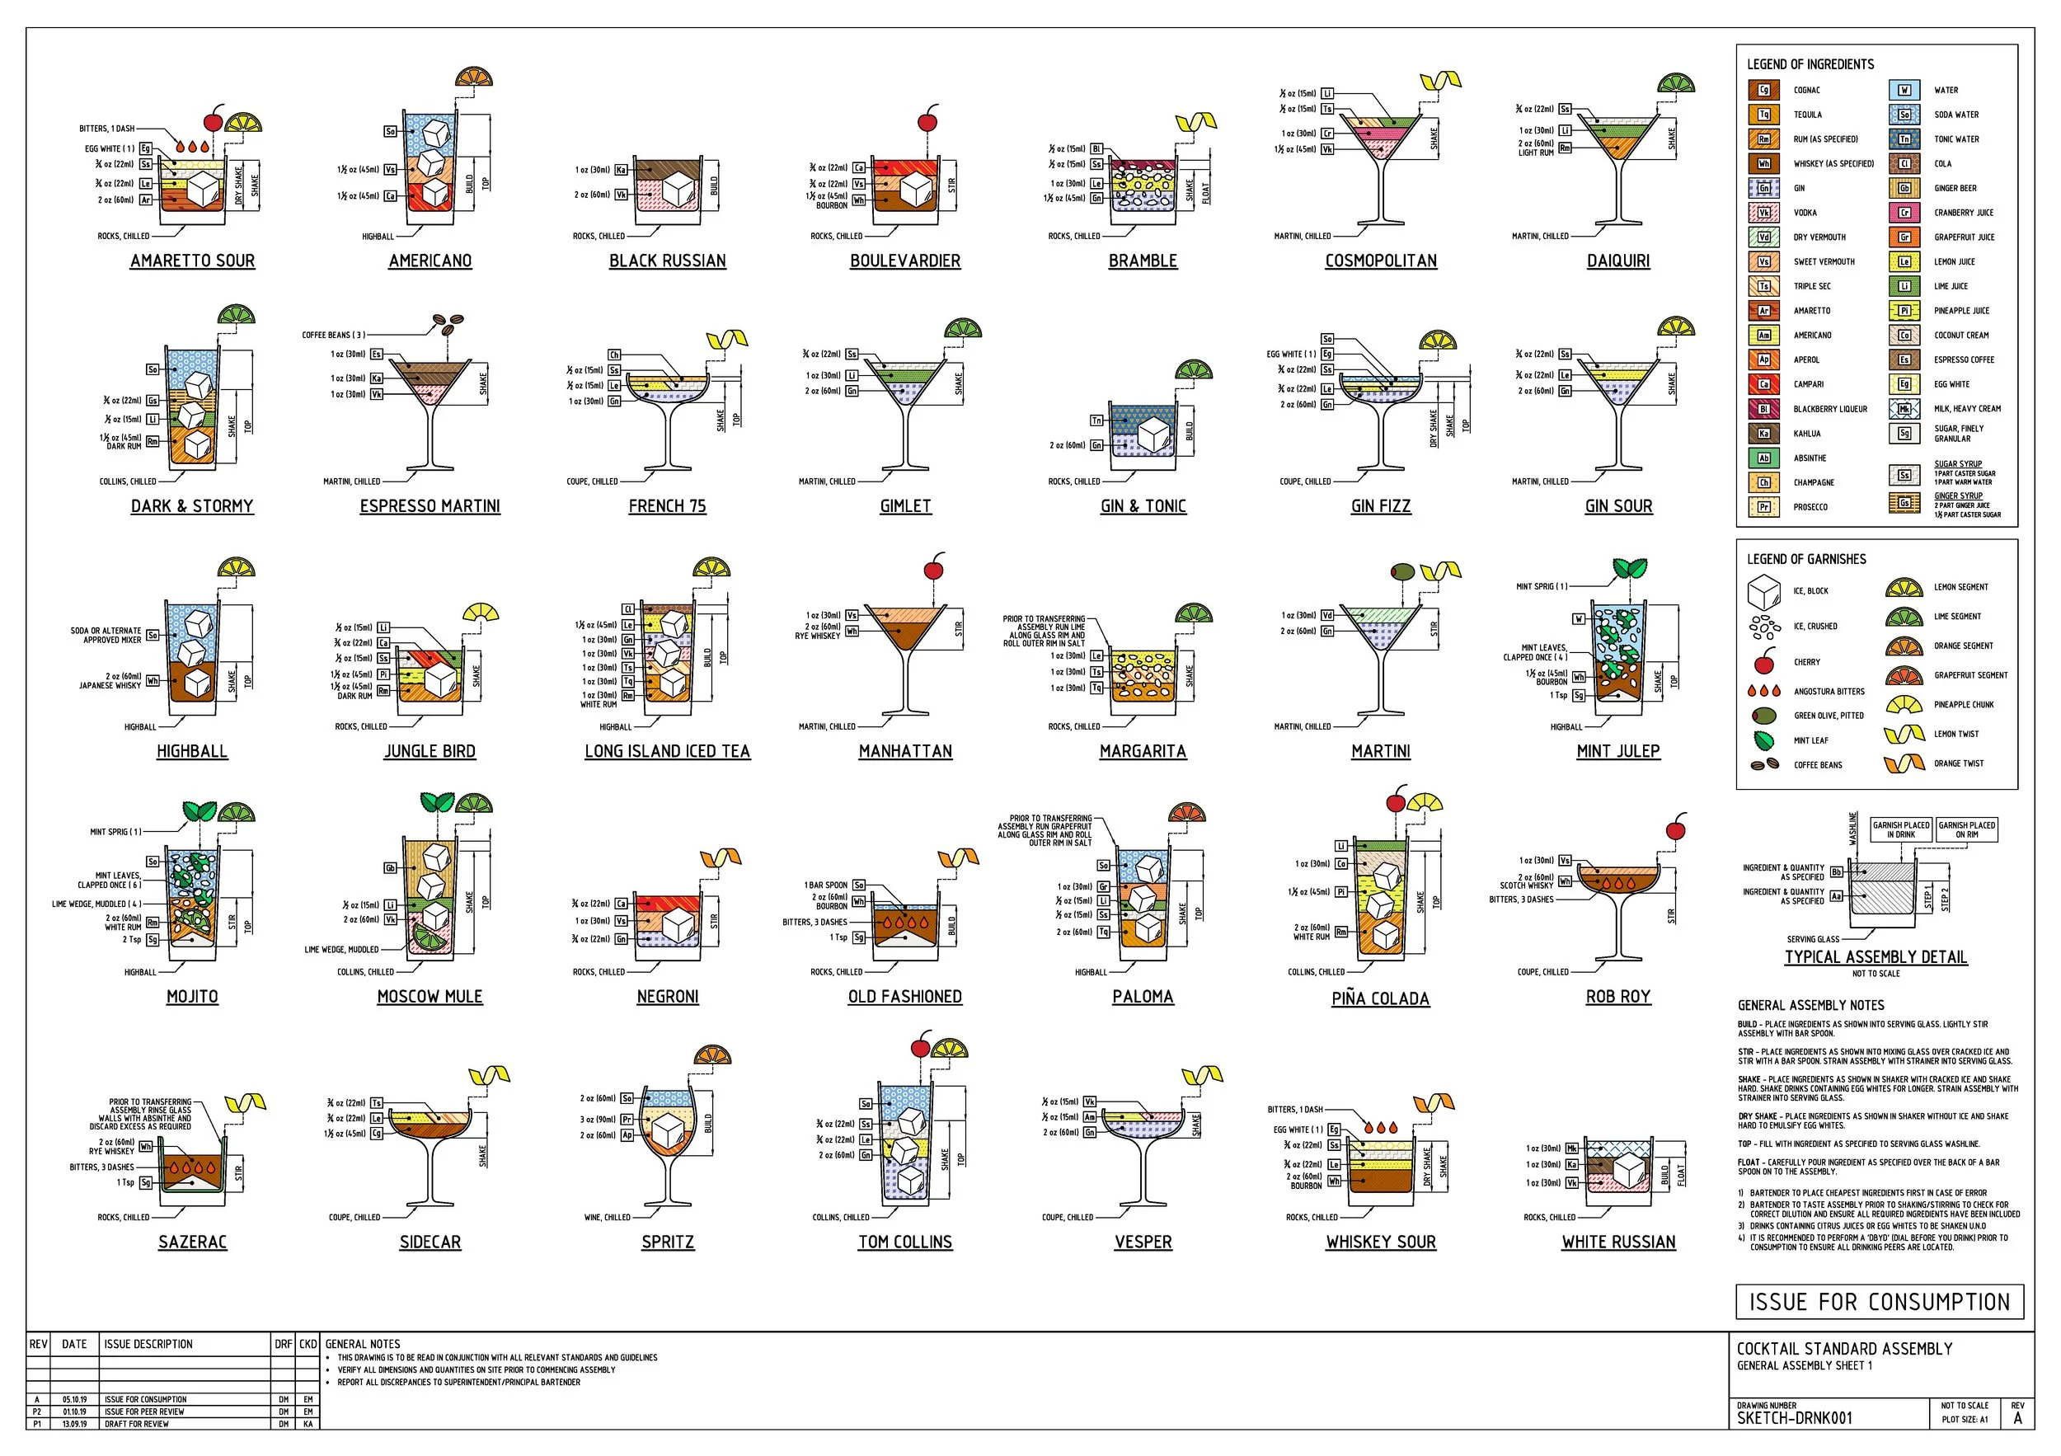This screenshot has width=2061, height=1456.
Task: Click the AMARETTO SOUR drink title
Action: tap(192, 261)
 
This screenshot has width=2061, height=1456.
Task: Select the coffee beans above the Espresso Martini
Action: tap(448, 321)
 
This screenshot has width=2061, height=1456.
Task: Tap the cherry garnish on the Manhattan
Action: tap(933, 569)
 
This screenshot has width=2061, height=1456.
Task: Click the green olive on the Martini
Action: tap(1402, 571)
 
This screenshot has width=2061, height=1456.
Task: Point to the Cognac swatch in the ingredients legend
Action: tap(1763, 90)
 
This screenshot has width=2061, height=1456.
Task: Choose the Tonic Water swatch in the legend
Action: tap(1904, 139)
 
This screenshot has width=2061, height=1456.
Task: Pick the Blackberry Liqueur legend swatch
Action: tap(1763, 408)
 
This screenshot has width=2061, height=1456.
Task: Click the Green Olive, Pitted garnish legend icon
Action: tap(1764, 716)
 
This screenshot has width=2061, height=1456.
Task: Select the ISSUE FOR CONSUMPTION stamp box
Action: tap(1879, 1302)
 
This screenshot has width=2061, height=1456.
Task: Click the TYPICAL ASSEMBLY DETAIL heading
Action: tap(1876, 957)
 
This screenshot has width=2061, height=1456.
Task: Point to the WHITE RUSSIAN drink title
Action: tap(1618, 1242)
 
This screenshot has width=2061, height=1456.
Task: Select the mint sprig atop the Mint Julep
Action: tap(1629, 567)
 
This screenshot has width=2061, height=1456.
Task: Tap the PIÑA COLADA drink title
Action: tap(1380, 998)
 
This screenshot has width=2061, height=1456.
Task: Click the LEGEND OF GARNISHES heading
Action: tap(1806, 559)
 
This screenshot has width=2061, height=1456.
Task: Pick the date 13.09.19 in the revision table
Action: tap(74, 1424)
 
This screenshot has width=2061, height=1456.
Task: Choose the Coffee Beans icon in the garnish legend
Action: tap(1764, 765)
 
